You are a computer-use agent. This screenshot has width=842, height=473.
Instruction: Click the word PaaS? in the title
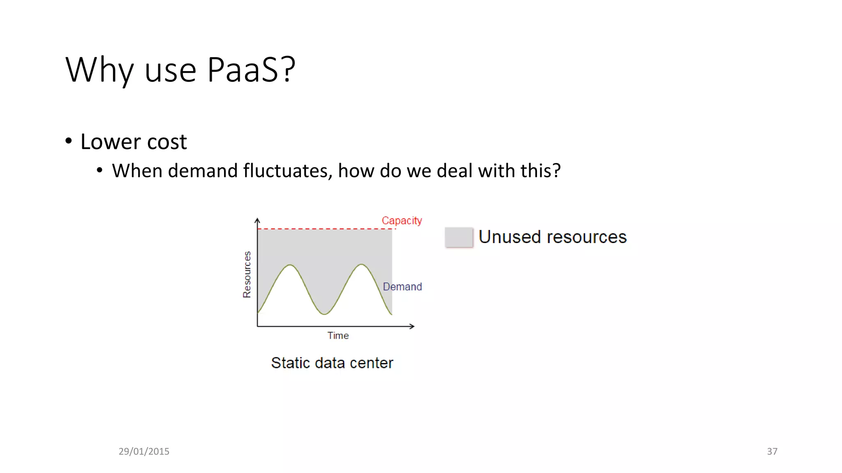tap(251, 70)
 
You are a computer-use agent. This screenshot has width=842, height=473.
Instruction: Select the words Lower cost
tap(134, 142)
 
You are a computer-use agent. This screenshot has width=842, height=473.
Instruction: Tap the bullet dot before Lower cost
tap(69, 141)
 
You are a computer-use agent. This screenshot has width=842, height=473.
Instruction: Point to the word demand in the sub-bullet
tap(203, 171)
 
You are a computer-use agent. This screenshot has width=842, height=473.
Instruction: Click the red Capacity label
tap(402, 220)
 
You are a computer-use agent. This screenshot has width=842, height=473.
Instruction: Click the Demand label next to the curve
tap(402, 287)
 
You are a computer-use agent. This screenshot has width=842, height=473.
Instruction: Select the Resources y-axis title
tap(247, 274)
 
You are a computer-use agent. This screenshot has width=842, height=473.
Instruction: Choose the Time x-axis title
tap(338, 335)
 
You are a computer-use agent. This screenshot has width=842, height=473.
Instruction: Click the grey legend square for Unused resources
tap(459, 237)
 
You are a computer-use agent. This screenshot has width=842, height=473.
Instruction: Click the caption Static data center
tap(332, 363)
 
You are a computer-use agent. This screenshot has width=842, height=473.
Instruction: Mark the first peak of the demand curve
tap(290, 265)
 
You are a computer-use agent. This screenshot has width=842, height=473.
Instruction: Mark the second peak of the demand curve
tap(361, 264)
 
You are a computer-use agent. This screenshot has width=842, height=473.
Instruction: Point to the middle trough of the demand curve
tap(324, 314)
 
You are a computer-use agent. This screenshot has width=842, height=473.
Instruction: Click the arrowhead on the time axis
tap(412, 326)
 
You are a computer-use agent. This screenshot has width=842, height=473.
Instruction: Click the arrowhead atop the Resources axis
tap(257, 220)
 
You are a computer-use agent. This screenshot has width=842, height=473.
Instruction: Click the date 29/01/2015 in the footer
tap(144, 451)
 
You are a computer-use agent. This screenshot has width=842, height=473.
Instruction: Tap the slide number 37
tap(772, 451)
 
